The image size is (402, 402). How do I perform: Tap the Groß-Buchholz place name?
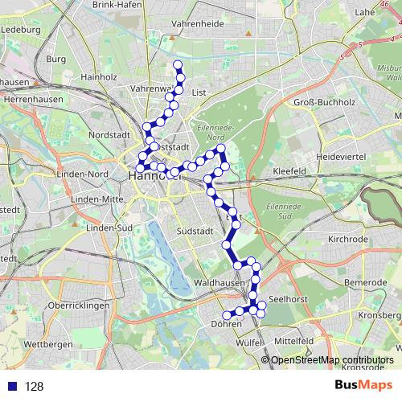point(327,102)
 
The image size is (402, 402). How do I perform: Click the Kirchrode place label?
point(349,240)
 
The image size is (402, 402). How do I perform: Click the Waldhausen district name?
point(219,283)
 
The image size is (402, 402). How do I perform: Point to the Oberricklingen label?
point(50,306)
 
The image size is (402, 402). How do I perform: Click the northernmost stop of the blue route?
point(178,65)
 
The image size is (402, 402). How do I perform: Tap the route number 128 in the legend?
point(34,387)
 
